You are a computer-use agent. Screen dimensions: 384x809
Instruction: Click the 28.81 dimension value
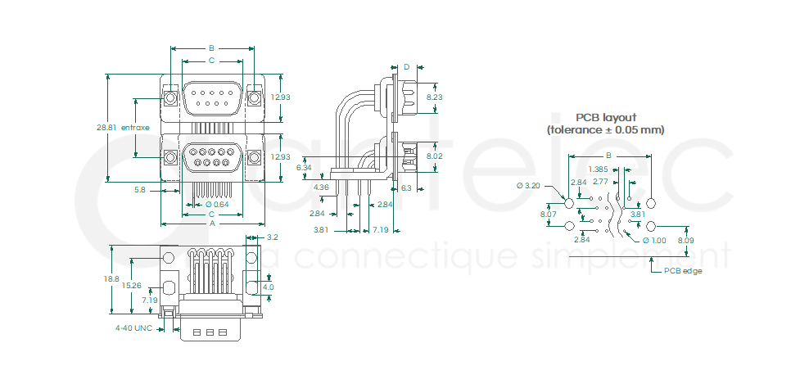pyautogui.click(x=106, y=128)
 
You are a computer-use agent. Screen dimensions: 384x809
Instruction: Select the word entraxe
pyautogui.click(x=135, y=128)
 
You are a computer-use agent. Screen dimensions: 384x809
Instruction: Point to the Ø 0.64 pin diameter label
pyautogui.click(x=217, y=204)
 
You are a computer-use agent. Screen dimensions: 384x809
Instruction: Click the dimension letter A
pyautogui.click(x=213, y=223)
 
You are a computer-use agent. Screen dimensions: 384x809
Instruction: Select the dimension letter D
pyautogui.click(x=406, y=66)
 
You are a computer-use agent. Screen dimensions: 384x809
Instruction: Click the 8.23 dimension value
pyautogui.click(x=435, y=97)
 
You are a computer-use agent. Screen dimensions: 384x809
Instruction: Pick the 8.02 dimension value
pyautogui.click(x=435, y=156)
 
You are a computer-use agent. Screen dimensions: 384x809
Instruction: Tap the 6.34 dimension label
pyautogui.click(x=304, y=167)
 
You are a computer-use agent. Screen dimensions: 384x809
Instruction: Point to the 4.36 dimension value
pyautogui.click(x=321, y=187)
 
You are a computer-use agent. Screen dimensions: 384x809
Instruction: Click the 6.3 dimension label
pyautogui.click(x=407, y=187)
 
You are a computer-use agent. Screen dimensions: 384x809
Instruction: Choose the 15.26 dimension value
pyautogui.click(x=131, y=286)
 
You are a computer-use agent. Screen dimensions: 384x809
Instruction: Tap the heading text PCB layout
pyautogui.click(x=605, y=117)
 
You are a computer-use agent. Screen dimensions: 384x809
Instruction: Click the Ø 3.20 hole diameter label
pyautogui.click(x=530, y=186)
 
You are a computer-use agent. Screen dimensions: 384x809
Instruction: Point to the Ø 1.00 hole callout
pyautogui.click(x=654, y=240)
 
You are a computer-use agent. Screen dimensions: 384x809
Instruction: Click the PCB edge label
pyautogui.click(x=683, y=270)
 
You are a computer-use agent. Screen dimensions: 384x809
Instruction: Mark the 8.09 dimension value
pyautogui.click(x=685, y=240)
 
